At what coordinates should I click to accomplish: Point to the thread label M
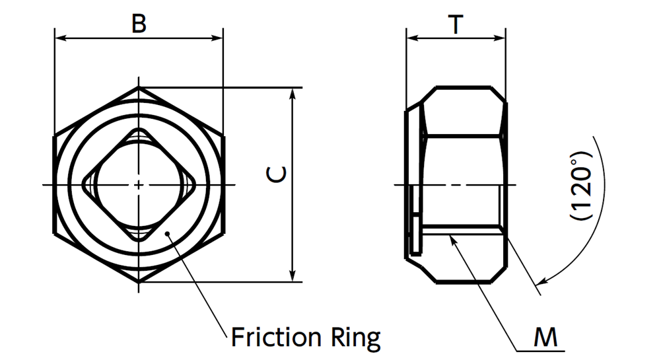[545, 338]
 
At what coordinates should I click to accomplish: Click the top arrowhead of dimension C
[293, 93]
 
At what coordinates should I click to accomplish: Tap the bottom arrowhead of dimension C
[293, 276]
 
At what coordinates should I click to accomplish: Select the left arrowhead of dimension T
[411, 38]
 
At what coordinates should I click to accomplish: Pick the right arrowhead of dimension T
[502, 38]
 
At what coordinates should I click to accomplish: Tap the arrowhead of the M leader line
[452, 238]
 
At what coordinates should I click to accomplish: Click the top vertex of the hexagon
[139, 87]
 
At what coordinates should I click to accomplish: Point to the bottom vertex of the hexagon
[139, 282]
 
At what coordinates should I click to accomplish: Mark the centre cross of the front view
[139, 184]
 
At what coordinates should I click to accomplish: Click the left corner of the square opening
[83, 184]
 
